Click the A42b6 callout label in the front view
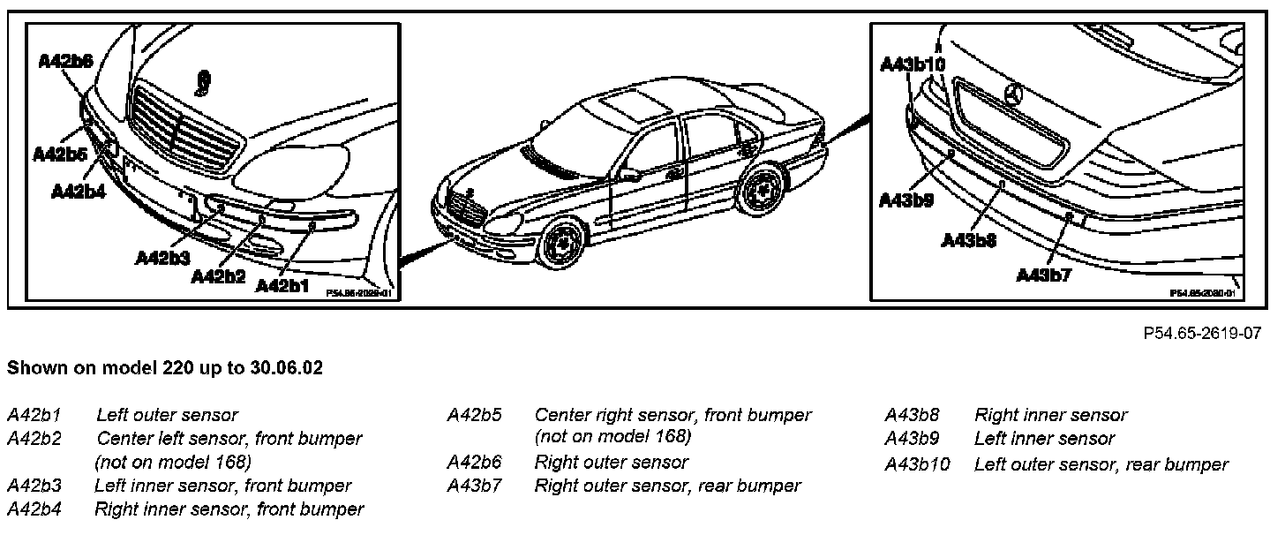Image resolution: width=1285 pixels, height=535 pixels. point(66,61)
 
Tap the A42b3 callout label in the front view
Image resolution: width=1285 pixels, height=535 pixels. point(163,258)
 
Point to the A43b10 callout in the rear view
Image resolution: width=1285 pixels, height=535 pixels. point(913,64)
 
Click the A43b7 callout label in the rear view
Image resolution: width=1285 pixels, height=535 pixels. point(1043,275)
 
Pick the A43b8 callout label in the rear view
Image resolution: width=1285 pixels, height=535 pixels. point(968,239)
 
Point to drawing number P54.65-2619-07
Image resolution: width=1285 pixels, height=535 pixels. point(1201,334)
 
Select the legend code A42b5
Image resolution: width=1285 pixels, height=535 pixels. point(474,415)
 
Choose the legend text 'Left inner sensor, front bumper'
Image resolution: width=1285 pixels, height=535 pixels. point(222,486)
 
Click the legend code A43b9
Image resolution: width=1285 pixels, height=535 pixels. point(912,439)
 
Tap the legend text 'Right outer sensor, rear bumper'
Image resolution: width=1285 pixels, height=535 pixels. point(667,486)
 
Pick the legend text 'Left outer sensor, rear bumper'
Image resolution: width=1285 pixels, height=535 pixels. point(1101,464)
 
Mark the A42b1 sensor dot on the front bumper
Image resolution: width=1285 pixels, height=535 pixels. point(312,226)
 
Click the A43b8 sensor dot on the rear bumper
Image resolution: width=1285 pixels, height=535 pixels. point(1003,184)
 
